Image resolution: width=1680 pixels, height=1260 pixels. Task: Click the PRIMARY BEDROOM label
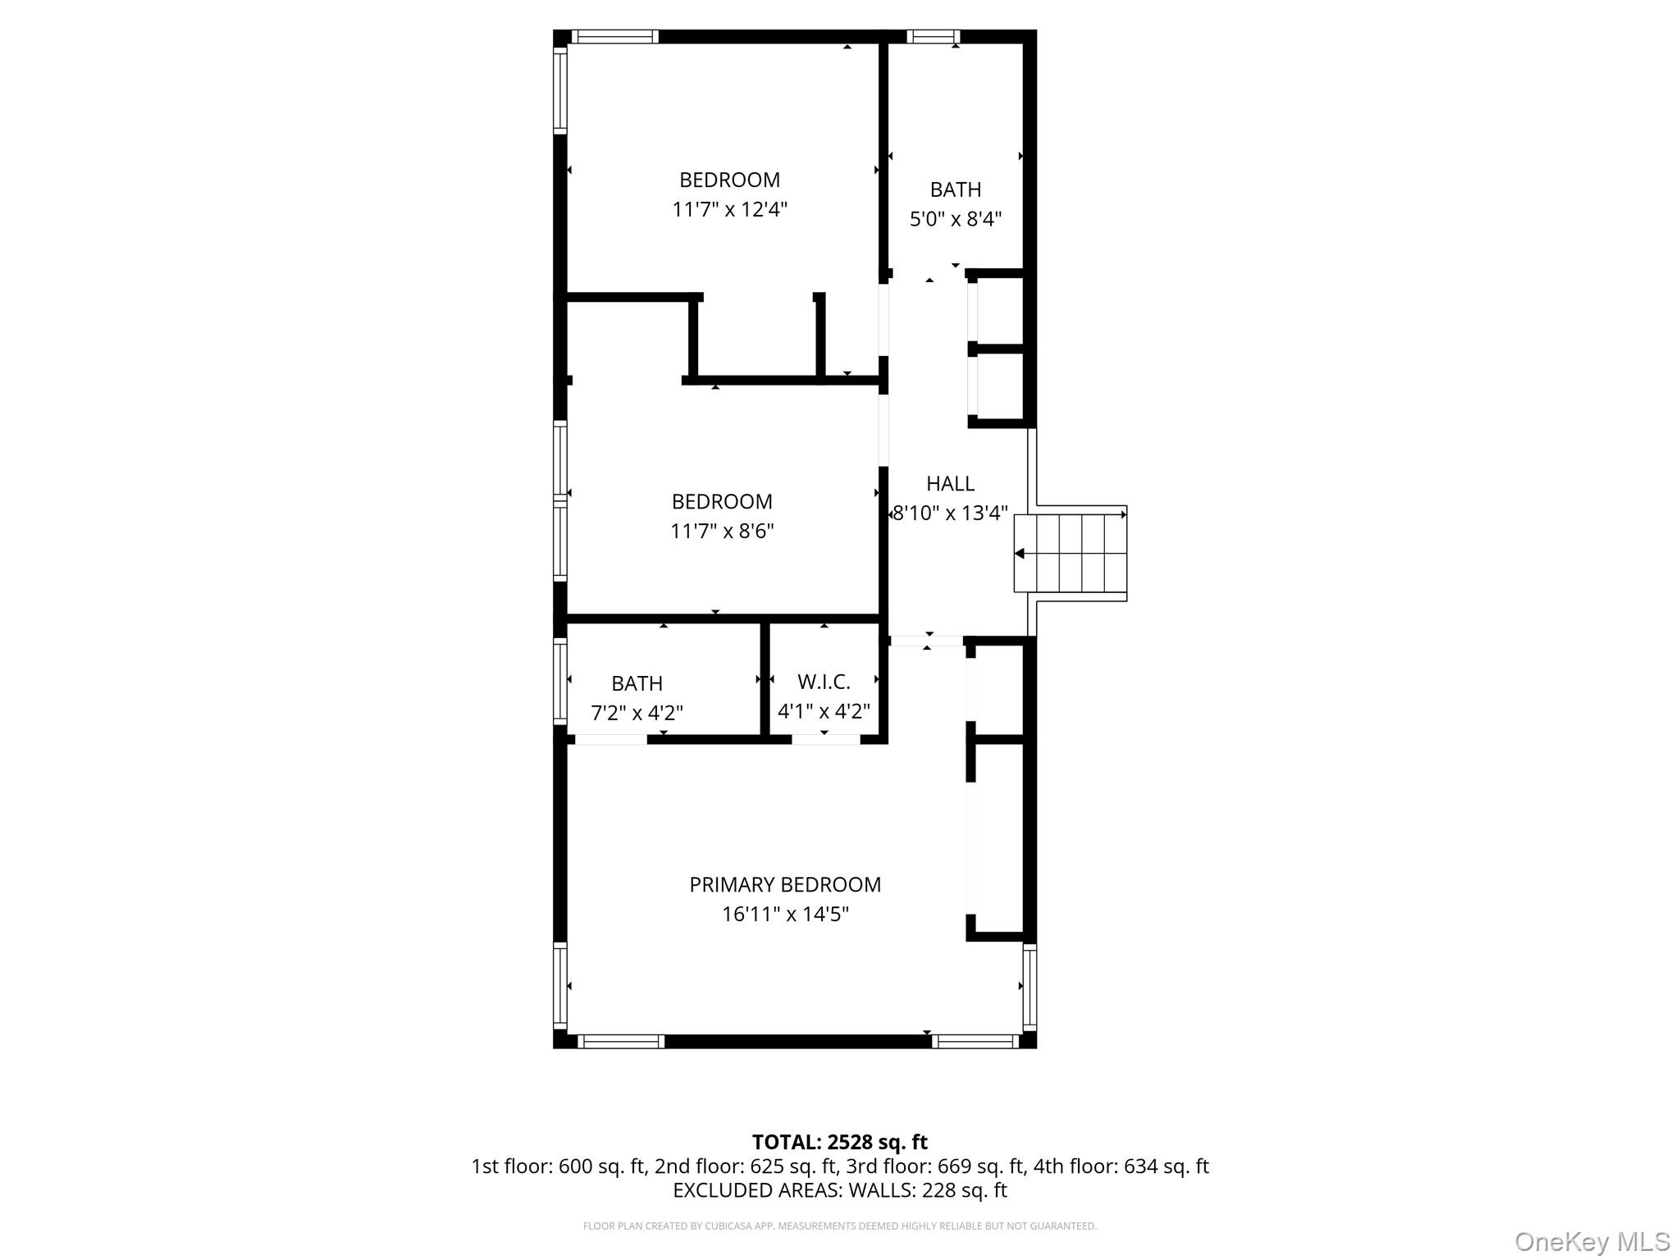coord(784,884)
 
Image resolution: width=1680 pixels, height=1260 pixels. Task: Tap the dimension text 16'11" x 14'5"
coord(784,914)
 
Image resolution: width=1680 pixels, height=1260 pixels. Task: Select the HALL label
coord(950,483)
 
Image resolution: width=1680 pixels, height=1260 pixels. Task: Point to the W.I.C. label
coord(824,682)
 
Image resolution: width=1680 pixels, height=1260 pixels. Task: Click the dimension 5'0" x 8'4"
coord(955,219)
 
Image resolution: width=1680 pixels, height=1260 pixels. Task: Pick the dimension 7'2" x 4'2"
coord(637,713)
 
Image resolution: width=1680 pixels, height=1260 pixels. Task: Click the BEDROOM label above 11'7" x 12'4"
coord(729,180)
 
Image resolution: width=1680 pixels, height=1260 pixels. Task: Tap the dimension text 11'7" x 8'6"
coord(722,531)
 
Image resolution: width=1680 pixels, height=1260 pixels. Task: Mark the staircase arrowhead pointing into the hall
coord(1020,554)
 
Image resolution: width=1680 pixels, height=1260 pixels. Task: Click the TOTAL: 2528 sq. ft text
coord(839,1142)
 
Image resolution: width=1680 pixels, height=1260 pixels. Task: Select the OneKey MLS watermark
coord(1591,1241)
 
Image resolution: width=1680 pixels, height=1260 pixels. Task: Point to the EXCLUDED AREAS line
coord(839,1189)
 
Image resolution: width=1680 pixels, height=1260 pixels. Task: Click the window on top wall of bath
coord(933,36)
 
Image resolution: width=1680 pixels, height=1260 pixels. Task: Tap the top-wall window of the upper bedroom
coord(614,36)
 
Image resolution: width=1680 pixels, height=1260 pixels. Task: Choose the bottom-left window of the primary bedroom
coord(621,1041)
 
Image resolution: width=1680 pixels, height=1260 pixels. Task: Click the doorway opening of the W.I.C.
coord(825,739)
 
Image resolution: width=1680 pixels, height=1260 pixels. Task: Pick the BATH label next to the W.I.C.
coord(637,683)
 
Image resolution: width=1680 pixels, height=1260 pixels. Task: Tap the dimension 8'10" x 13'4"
coord(950,513)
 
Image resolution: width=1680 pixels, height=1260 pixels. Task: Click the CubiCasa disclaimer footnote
coord(839,1226)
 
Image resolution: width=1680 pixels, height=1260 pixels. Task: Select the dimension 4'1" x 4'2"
coord(824,711)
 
